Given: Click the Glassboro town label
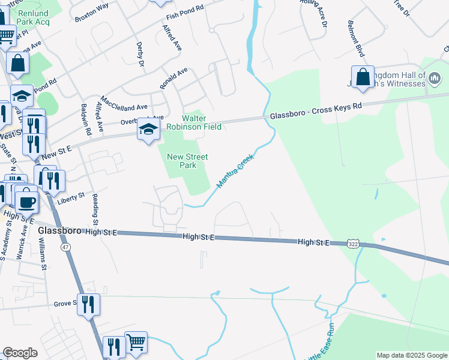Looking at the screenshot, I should (60, 231).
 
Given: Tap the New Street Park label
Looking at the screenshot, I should (187, 161).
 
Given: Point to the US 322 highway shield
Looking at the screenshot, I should (354, 244).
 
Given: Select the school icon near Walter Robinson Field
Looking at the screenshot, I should (148, 129).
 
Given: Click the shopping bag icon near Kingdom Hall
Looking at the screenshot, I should (363, 77).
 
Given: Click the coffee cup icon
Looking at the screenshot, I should (26, 200).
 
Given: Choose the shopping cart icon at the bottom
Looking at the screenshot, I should (136, 342).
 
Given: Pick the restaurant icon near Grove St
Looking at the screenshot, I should (88, 304).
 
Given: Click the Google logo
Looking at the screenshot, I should (20, 353).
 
